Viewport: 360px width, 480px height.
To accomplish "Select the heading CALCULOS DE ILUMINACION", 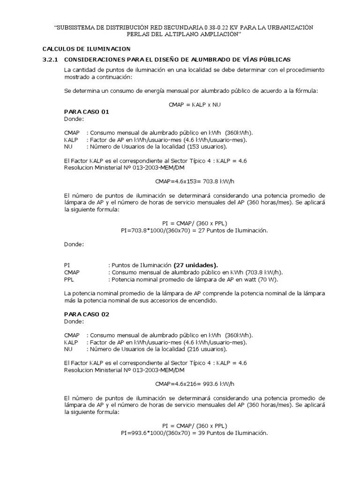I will (x=86, y=49).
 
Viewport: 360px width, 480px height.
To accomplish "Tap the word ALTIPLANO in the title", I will (x=174, y=34).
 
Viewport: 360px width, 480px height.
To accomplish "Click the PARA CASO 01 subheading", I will (x=86, y=112).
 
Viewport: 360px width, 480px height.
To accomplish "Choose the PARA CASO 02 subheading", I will (x=86, y=314).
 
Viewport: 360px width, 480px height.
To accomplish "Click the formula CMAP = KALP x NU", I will (x=194, y=105).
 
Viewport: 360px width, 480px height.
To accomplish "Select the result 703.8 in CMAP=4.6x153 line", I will (x=205, y=180).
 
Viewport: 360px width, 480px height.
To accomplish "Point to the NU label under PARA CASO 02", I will (x=68, y=349).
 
